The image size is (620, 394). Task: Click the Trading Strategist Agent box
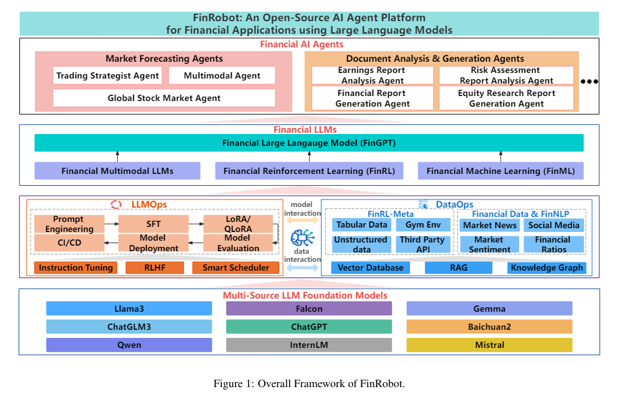click(107, 76)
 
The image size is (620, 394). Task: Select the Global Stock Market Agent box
click(164, 98)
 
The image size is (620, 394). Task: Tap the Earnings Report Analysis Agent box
click(372, 75)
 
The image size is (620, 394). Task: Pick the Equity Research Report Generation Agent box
click(506, 98)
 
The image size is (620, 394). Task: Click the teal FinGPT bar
click(309, 143)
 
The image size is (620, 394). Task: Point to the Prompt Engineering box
click(69, 224)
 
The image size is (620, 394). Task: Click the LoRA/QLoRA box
click(237, 224)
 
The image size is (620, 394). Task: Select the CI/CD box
click(69, 243)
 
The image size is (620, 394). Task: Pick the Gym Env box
click(424, 225)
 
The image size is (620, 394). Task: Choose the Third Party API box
click(424, 244)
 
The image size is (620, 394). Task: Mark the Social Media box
click(553, 225)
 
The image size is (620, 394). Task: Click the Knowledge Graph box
click(546, 267)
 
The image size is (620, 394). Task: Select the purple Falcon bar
click(309, 309)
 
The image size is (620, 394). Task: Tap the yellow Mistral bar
click(489, 345)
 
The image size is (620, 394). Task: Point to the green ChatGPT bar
click(309, 327)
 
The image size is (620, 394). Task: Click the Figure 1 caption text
click(309, 383)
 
